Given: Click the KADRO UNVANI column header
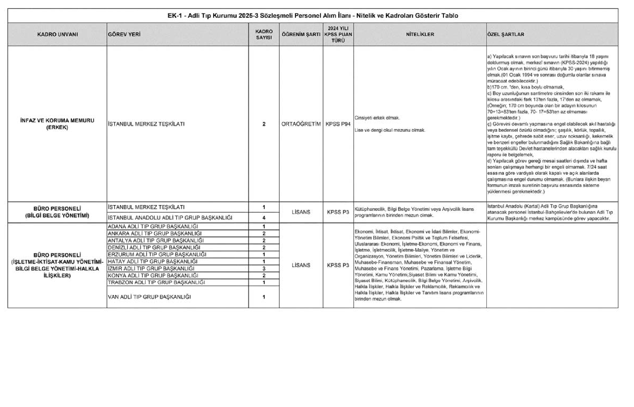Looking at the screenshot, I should tap(57, 34).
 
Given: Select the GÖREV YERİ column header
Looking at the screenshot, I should tap(124, 34).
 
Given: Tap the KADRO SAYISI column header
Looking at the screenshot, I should tap(264, 34).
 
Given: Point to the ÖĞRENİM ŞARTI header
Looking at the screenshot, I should tap(301, 34).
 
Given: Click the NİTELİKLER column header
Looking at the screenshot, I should tap(420, 34).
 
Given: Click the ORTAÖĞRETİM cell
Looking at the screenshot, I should tap(301, 124).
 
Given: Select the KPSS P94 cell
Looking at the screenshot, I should tap(338, 124).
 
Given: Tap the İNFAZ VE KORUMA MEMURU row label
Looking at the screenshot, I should tap(57, 124).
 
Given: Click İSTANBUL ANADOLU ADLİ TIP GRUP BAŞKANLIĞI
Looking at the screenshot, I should tap(170, 218).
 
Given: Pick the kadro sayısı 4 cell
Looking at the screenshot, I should tap(264, 218).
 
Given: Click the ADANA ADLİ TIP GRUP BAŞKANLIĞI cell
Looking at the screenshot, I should tap(153, 227).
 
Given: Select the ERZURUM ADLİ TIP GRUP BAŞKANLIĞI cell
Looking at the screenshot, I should tap(157, 254).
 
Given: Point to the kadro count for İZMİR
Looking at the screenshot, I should tap(264, 269).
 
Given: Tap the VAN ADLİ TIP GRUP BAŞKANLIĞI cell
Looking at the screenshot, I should tap(149, 297).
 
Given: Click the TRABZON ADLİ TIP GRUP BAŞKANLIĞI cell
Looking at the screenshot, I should tap(156, 282).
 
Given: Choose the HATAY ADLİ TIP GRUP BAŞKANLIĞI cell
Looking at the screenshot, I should tap(153, 261).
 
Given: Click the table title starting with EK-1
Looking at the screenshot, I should tap(313, 16).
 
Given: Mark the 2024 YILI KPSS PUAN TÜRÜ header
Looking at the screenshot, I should tap(338, 34).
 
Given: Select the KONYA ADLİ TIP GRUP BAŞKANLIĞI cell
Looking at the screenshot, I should tap(153, 276).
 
